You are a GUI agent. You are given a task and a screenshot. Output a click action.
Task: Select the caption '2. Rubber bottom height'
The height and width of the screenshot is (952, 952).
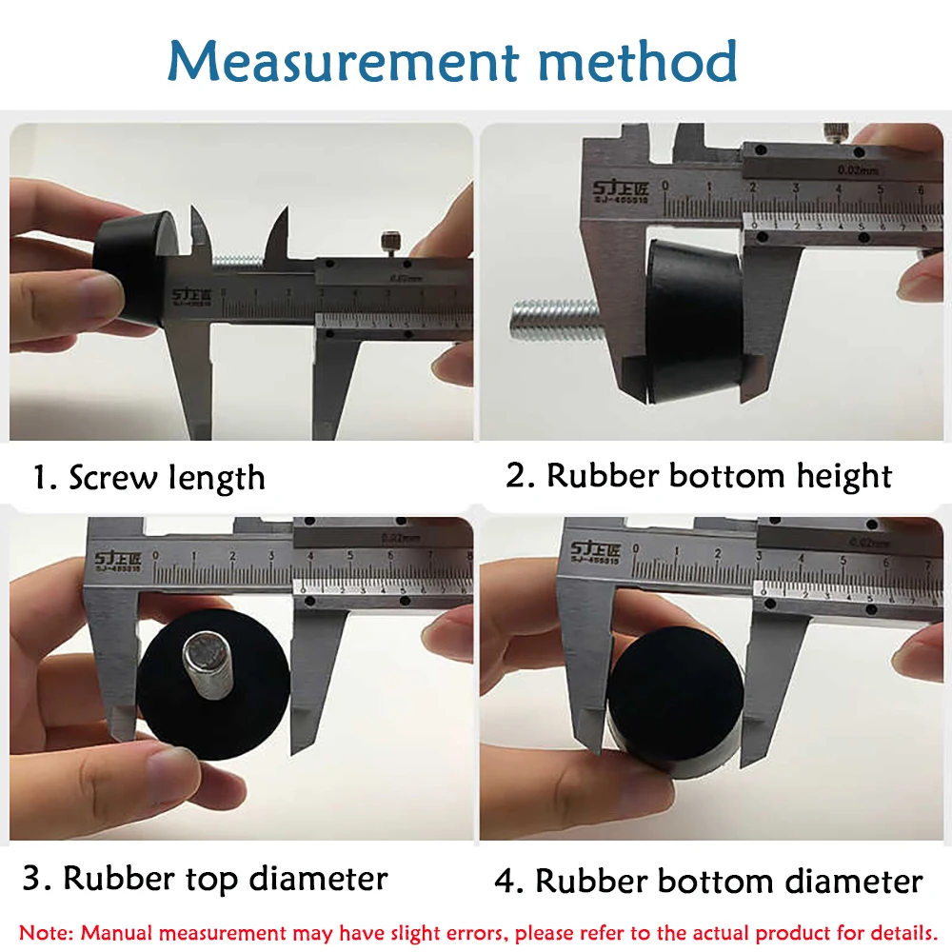click(699, 475)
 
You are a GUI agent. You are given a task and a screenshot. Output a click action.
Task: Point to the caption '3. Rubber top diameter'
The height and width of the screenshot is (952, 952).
click(205, 878)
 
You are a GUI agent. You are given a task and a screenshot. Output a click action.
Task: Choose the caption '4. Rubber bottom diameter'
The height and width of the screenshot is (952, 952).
click(708, 881)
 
